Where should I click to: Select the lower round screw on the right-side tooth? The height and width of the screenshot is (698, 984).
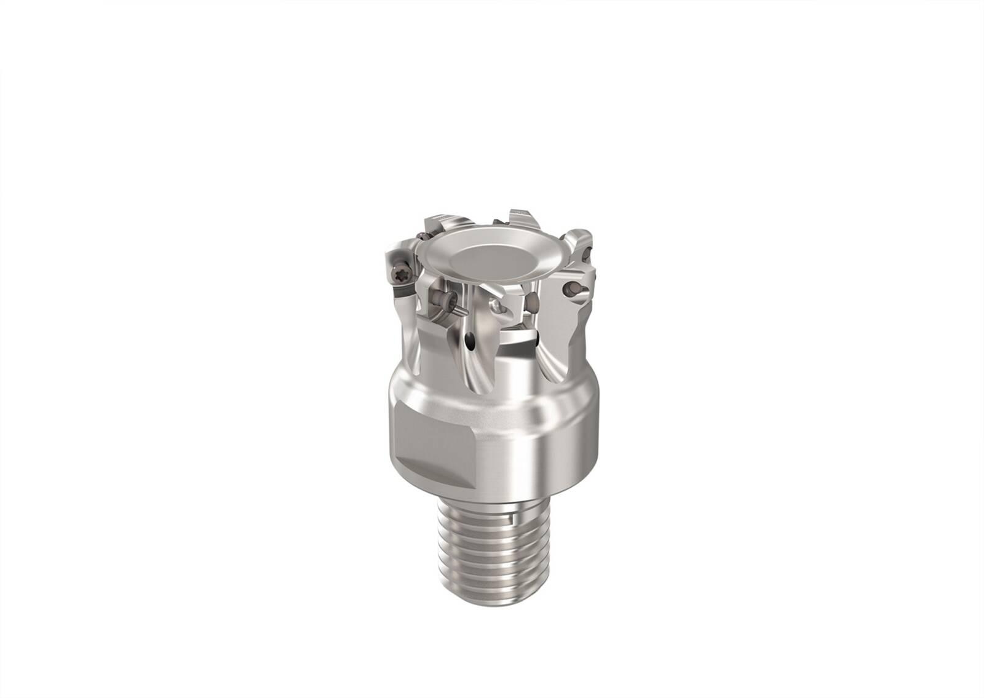573,287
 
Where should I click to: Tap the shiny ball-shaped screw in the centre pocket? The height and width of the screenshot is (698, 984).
503,304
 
